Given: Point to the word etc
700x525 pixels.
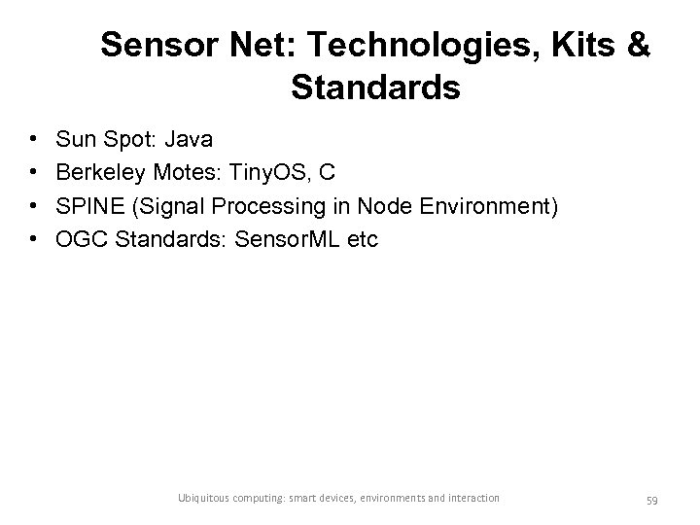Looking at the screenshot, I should point(359,238).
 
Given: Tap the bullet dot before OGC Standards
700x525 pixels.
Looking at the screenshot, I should point(34,238).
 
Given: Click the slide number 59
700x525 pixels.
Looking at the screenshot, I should point(651,499).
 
